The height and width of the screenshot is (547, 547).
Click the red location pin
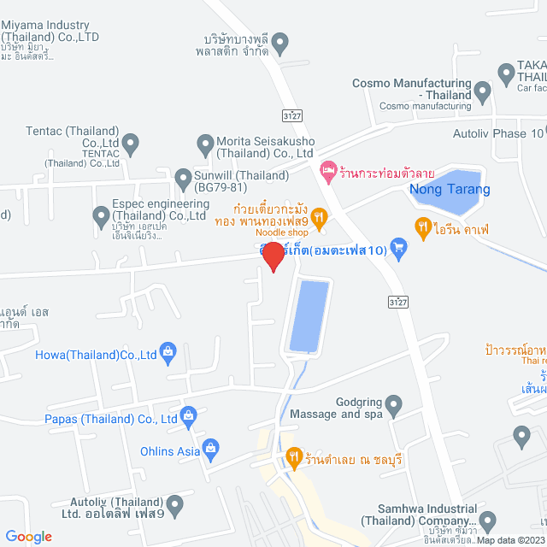(272, 256)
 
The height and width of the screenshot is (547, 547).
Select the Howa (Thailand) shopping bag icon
(168, 351)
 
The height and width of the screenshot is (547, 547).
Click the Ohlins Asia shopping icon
(212, 447)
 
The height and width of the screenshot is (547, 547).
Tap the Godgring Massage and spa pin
(393, 403)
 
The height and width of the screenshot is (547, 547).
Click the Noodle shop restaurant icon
(319, 219)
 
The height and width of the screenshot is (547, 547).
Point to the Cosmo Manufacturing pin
(482, 91)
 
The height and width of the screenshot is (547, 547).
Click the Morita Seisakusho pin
(205, 142)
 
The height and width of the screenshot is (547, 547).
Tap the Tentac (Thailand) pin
(131, 142)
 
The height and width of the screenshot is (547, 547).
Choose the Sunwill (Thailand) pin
(182, 179)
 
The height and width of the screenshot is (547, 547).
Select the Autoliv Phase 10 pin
(538, 133)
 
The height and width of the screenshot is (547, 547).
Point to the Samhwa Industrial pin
(487, 520)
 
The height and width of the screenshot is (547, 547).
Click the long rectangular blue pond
(309, 315)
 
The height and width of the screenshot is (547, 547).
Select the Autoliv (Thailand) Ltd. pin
(175, 504)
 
